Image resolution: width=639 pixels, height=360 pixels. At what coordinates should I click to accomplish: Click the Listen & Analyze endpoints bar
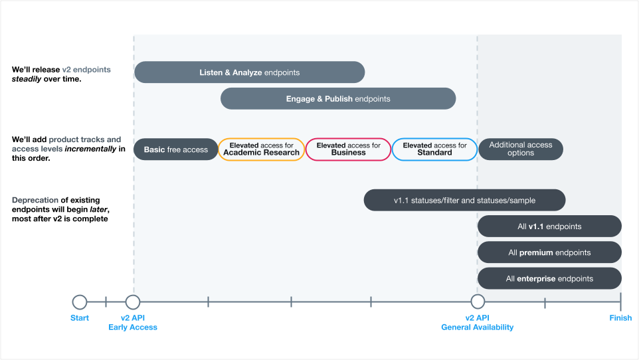coord(249,72)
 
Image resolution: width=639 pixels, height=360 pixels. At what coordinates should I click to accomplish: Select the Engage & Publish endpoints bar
coord(338,99)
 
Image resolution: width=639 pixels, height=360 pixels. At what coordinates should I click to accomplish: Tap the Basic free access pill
coord(176,149)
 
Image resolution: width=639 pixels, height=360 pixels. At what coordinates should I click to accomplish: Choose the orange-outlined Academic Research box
coord(261,149)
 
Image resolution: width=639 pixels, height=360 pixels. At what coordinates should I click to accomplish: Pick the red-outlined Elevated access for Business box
coord(348,149)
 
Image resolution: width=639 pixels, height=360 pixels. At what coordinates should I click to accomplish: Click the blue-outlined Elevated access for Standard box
coord(434,149)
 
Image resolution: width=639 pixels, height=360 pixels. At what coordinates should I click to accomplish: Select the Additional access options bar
coord(520,149)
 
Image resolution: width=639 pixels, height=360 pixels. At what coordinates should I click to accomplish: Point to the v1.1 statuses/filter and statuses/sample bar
coord(464,200)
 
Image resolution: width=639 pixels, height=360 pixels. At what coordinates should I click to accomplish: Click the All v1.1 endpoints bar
coord(549,226)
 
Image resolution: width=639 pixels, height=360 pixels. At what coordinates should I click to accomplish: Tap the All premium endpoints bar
coord(549,252)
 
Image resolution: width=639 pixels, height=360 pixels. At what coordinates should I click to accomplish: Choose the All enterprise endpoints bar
coord(549,278)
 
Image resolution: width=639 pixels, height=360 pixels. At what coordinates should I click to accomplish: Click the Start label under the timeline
coord(80,318)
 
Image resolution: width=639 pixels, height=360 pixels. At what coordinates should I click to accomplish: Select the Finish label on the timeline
coord(620,318)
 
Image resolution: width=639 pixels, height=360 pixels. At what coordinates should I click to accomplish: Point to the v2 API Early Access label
coord(133,323)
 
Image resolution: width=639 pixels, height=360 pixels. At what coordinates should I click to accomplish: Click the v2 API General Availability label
coord(477,323)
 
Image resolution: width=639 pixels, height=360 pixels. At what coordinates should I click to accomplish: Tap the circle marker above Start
coord(80,302)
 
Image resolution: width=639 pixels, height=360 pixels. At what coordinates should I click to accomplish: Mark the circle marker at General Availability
coord(478,302)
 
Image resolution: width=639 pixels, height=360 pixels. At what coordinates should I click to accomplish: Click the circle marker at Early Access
coord(133,302)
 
